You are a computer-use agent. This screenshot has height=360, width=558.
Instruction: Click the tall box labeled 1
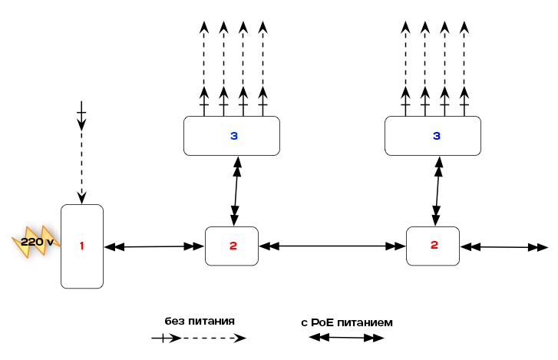coord(82,246)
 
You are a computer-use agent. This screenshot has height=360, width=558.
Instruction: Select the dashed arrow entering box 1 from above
coord(82,154)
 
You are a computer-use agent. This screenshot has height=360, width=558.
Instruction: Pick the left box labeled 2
coord(232,246)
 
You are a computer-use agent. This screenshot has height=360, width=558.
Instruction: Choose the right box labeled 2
coord(433,246)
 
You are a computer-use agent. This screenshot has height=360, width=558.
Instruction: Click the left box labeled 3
coord(232,136)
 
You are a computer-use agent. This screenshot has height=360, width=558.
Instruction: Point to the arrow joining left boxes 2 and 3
coord(235,191)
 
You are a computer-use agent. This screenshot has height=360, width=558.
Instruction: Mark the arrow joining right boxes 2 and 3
coord(437,191)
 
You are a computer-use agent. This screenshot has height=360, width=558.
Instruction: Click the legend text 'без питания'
coord(200,321)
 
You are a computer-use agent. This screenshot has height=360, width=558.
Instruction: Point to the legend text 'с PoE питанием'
coord(347,322)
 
